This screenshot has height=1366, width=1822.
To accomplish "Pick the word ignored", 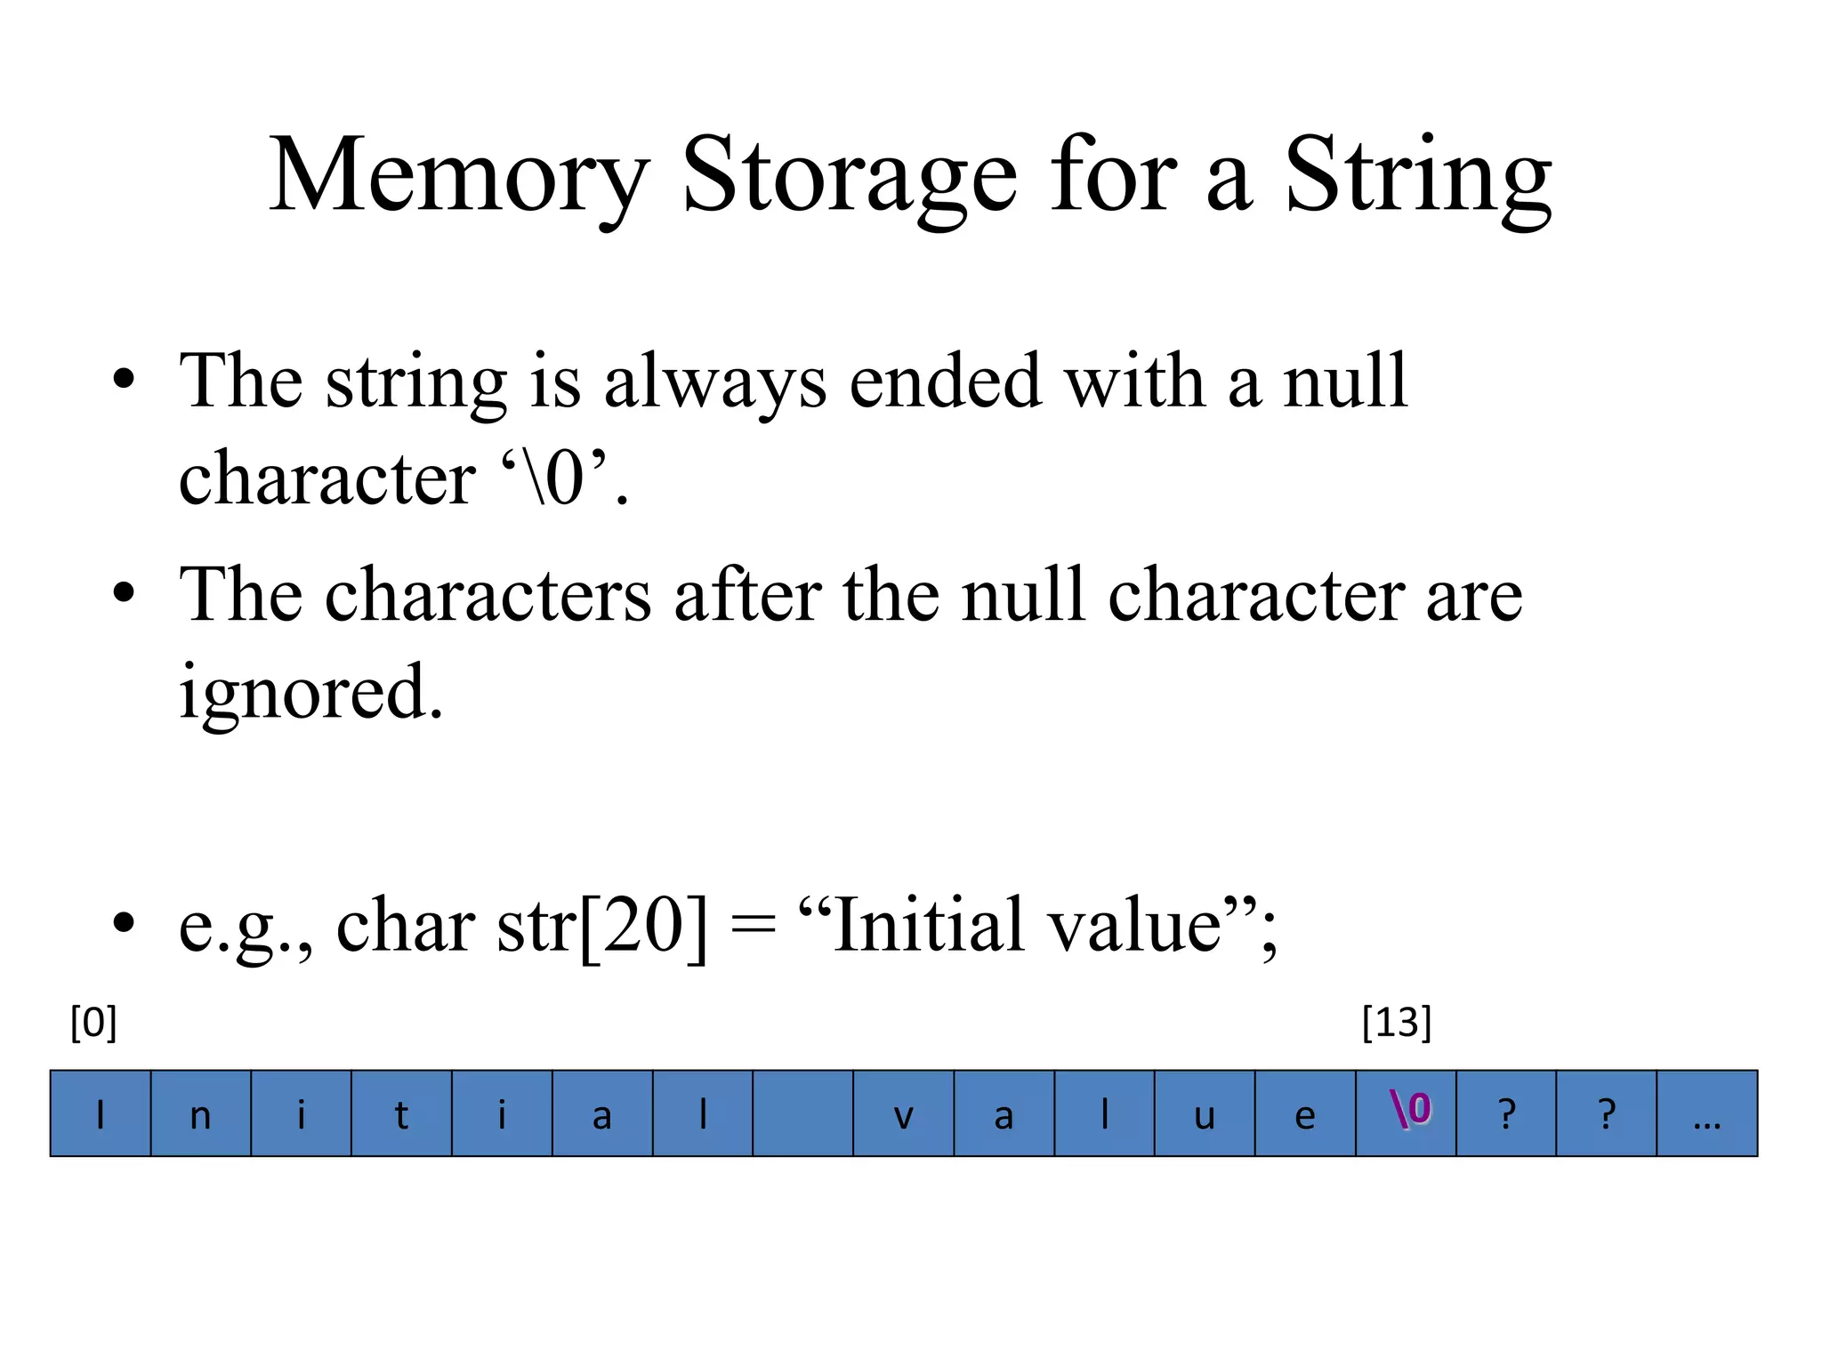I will pos(310,692).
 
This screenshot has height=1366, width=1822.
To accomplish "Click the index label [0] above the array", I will pos(93,1023).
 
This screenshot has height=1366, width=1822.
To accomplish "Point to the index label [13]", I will pos(1396,1023).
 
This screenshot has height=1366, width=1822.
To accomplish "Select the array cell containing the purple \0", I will pos(1406,1113).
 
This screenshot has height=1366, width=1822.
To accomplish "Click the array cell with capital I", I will pos(101,1113).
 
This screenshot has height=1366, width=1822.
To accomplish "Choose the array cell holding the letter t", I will pos(401,1113).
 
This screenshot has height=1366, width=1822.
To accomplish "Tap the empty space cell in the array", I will pos(802,1113).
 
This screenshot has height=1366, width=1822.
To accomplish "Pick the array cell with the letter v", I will pos(903,1113).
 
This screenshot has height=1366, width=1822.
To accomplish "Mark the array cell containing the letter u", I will pos(1205,1113).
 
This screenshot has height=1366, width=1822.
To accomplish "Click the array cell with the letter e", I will pos(1305,1113).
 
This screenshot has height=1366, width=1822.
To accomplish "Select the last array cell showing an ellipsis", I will pos(1706,1113).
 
